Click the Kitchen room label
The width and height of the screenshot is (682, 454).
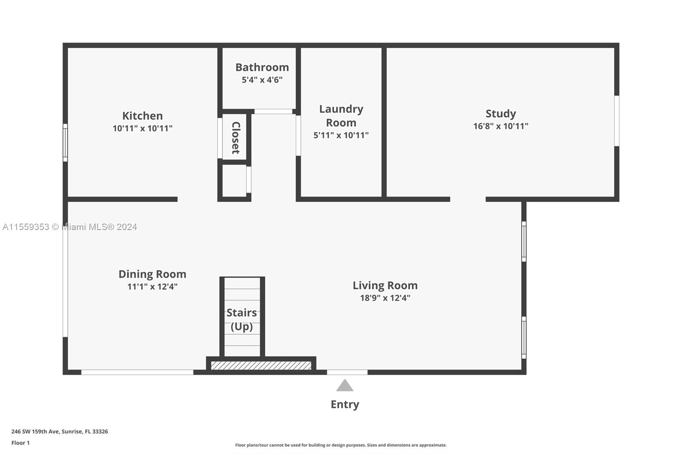click(x=142, y=116)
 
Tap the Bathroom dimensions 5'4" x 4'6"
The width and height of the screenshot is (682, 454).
click(x=262, y=80)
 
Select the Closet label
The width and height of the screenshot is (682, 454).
click(x=236, y=138)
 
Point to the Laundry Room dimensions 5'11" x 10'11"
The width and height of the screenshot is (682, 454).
click(x=341, y=135)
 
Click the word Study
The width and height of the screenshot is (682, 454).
click(x=500, y=113)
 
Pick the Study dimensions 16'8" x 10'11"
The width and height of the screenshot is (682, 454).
click(x=500, y=126)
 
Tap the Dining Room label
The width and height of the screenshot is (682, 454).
click(x=152, y=274)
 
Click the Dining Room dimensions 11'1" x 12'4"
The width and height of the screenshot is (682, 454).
click(x=152, y=286)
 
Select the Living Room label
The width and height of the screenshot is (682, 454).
click(x=385, y=285)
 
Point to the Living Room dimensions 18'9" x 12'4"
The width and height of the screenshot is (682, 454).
click(x=385, y=298)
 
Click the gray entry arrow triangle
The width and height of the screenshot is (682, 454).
click(x=345, y=385)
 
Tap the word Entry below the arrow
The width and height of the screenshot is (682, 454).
click(x=345, y=405)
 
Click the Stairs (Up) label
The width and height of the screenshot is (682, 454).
click(x=242, y=319)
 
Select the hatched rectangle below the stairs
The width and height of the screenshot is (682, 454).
click(x=261, y=365)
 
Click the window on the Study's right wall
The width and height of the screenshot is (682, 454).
click(x=616, y=121)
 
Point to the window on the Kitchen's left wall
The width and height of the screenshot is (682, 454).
click(x=65, y=142)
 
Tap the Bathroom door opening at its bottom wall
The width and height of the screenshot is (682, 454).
click(x=273, y=112)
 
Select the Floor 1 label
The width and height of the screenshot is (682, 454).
click(x=20, y=443)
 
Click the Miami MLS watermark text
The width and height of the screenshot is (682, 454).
click(x=70, y=227)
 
